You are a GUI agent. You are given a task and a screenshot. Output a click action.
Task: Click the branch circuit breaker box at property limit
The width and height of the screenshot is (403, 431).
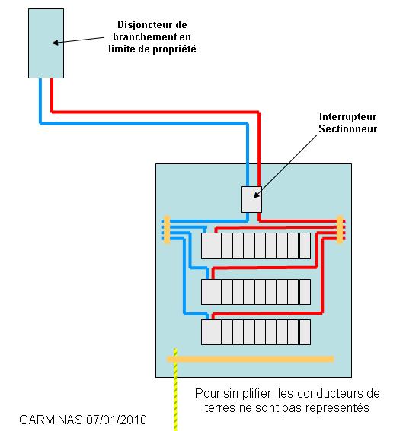point(46,43)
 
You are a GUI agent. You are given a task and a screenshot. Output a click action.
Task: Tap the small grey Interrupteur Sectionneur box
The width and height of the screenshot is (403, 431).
point(251,200)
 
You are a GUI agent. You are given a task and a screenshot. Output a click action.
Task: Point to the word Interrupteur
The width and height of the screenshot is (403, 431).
point(347,116)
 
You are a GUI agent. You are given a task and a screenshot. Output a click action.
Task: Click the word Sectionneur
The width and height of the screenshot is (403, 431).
point(347,128)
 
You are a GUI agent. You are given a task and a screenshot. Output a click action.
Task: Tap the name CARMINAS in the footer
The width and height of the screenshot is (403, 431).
point(51,420)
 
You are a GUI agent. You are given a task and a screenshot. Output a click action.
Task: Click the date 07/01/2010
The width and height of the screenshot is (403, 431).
point(117,420)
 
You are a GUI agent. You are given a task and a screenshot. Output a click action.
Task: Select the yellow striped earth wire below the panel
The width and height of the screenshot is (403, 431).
point(175,390)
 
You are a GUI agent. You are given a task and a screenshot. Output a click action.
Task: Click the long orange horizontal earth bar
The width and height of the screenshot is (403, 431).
point(250,359)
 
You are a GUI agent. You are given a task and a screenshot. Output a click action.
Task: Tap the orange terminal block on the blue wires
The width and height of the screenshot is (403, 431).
point(167,230)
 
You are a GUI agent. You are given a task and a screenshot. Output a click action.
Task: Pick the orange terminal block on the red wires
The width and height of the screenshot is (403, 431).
point(341,230)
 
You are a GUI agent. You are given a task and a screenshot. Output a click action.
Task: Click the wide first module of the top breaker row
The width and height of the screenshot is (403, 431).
point(211,246)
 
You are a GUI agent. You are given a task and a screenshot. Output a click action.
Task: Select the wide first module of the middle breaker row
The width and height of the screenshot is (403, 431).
point(211,292)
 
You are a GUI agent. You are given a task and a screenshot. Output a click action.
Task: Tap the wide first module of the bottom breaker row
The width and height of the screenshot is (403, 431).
point(211,332)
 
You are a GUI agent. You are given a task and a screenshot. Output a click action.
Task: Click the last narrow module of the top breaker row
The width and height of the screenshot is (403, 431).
point(305,246)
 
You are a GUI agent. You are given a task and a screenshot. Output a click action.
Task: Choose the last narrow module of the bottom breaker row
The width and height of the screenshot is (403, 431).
point(305,332)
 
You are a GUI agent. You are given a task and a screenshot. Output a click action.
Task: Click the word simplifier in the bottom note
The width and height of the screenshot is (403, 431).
point(249,394)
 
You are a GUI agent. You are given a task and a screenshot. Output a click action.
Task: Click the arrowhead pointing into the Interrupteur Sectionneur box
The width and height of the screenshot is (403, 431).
point(256,195)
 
